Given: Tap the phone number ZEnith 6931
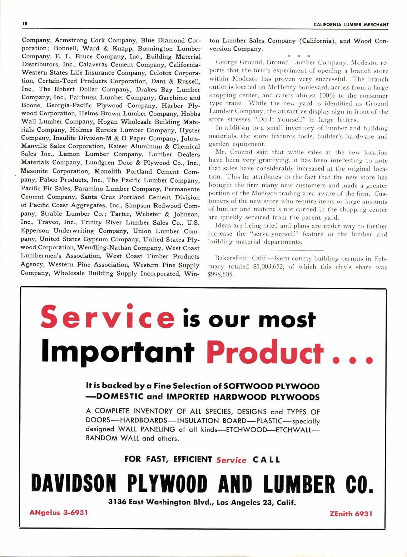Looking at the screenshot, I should (x=351, y=513).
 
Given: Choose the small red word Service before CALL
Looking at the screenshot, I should (x=231, y=460).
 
